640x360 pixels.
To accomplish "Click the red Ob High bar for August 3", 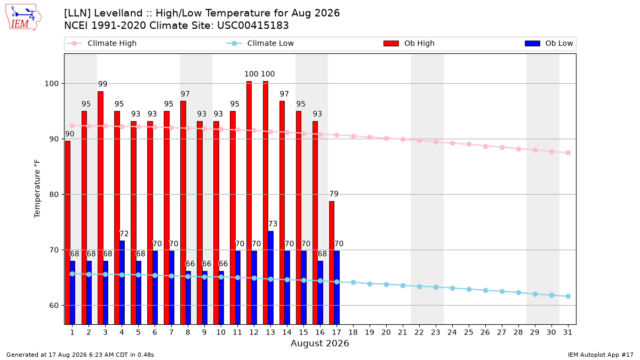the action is [x=101, y=207].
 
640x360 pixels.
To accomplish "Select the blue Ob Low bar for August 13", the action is [x=270, y=278].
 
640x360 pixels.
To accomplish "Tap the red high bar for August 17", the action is [x=331, y=263].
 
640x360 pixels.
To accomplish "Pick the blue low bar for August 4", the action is [x=122, y=283].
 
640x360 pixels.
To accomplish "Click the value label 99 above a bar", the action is [x=102, y=84].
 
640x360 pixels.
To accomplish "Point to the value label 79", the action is [x=334, y=194].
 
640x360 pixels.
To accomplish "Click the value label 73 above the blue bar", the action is [x=273, y=223].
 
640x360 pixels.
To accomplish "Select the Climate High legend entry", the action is [x=102, y=43].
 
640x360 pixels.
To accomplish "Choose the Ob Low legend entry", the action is [x=549, y=43].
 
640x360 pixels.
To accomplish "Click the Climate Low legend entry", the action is [x=260, y=43].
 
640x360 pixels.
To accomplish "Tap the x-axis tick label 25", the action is [x=469, y=332].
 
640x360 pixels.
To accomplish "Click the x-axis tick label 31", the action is [x=567, y=332].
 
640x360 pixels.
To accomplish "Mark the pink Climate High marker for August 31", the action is [x=568, y=153].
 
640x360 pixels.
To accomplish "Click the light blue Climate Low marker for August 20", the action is [x=386, y=285].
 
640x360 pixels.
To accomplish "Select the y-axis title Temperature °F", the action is [x=37, y=189].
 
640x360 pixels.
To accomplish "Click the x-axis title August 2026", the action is [x=319, y=343].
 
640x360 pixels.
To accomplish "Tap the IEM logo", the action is [x=23, y=18].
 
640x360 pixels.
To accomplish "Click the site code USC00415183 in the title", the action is [x=253, y=26].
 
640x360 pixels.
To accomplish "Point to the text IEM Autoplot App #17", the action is [x=601, y=355].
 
